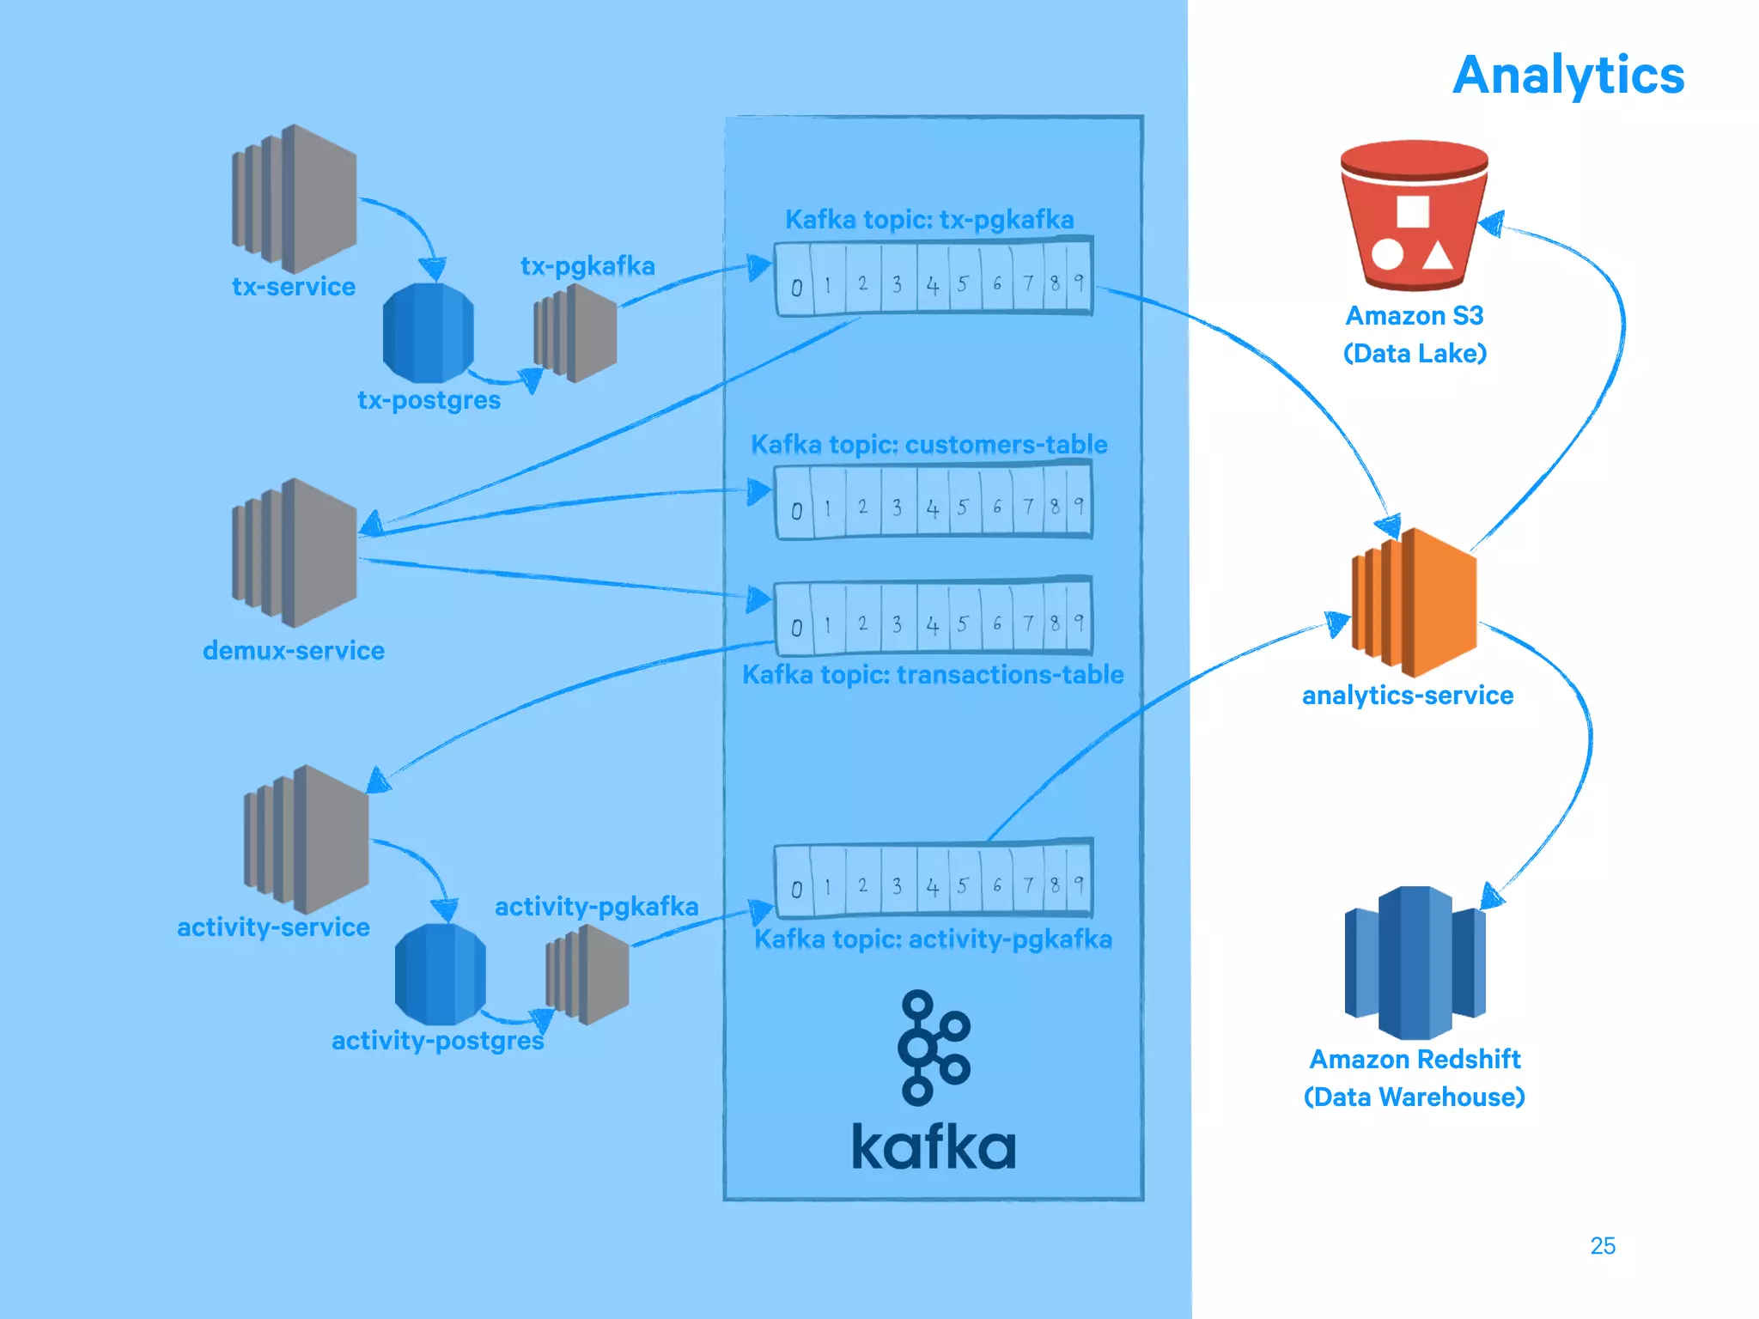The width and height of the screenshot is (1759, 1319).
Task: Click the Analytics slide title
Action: tap(1568, 76)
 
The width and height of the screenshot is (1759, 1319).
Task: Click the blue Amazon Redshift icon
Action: tap(1415, 963)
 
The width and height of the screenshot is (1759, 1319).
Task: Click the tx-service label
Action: tap(294, 287)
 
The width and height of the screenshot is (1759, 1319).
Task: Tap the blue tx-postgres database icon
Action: tap(428, 333)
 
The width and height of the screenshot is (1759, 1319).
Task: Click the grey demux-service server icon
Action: tap(295, 553)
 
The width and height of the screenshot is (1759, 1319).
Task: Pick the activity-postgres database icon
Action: tap(440, 974)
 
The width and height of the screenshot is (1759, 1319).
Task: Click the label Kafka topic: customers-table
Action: tap(929, 445)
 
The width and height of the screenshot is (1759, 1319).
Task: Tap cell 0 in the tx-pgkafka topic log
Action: tap(796, 286)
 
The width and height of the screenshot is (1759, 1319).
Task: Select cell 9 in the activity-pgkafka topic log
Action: tap(1079, 884)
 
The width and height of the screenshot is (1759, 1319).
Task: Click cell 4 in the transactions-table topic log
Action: tap(933, 625)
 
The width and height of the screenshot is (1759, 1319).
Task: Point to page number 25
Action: tap(1603, 1246)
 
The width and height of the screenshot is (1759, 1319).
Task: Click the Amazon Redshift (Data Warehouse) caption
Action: tap(1415, 1078)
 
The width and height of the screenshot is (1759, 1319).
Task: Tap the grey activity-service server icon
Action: tap(307, 840)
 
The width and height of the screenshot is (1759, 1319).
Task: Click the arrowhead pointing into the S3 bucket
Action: tap(1493, 224)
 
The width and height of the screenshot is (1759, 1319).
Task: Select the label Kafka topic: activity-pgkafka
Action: tap(933, 939)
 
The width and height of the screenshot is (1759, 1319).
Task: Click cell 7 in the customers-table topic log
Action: tap(1027, 507)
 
